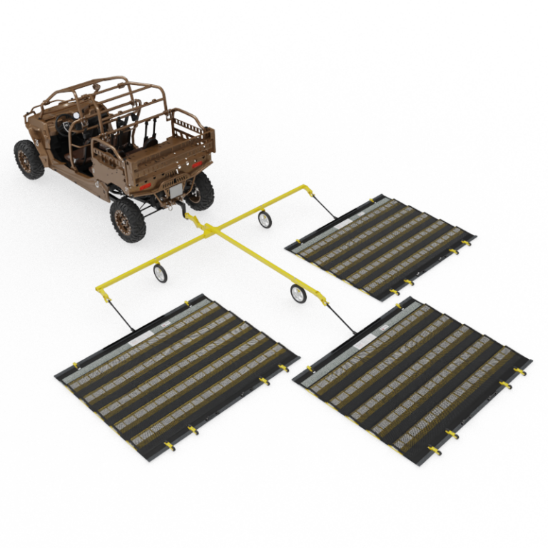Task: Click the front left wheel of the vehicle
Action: [x=29, y=158]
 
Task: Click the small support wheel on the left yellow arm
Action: [x=161, y=273]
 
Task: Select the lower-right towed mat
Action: [x=412, y=377]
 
